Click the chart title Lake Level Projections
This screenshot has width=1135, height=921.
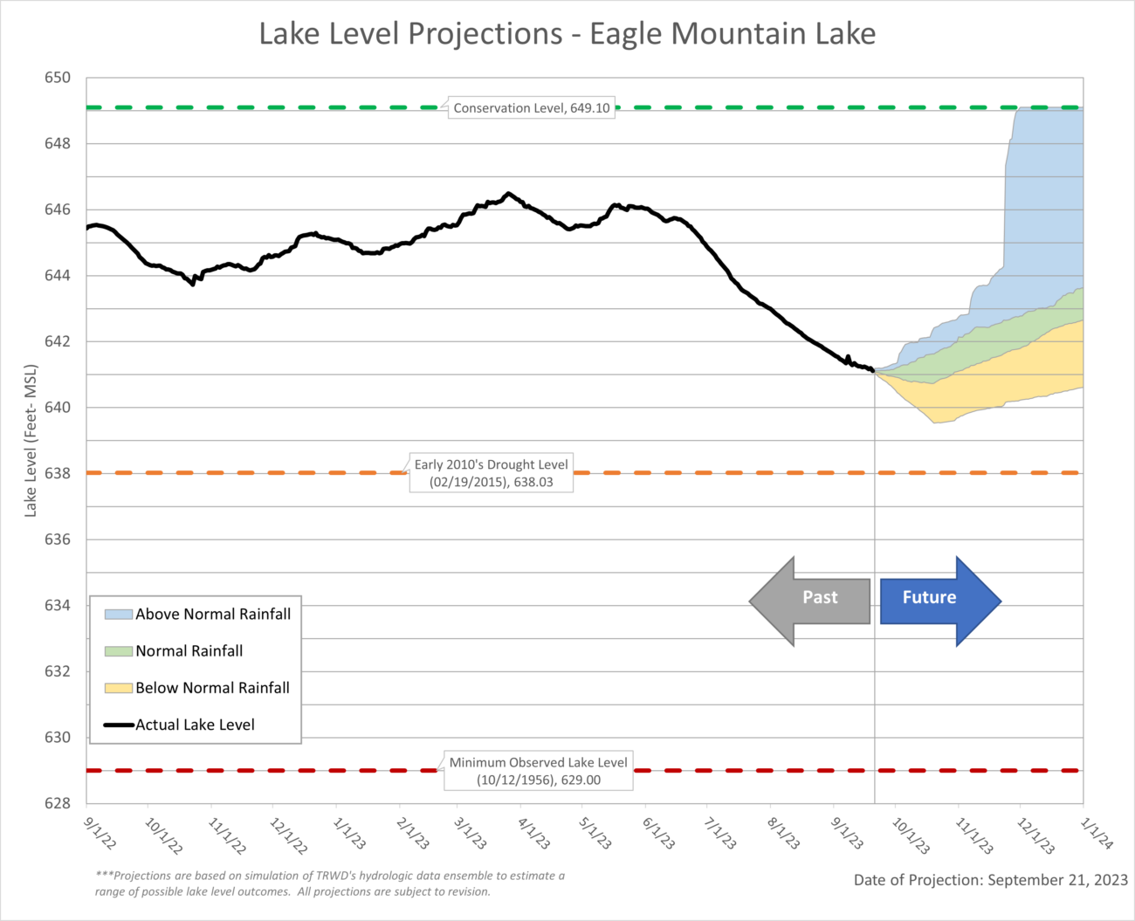pos(567,34)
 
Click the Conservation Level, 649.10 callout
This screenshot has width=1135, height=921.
pos(531,108)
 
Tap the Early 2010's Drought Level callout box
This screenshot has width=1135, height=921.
pos(491,473)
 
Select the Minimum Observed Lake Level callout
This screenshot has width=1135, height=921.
pos(538,771)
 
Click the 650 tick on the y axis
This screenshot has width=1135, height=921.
pos(58,78)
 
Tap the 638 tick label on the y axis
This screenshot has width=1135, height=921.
pos(58,473)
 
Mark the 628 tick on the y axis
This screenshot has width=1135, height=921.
pos(58,803)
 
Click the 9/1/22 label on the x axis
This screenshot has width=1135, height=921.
pos(100,833)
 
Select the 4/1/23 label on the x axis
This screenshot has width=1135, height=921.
pos(534,833)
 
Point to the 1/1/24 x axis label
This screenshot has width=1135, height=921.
pos(1097,833)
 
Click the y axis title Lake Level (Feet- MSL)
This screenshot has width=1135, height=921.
pos(31,440)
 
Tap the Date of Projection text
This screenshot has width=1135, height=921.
pos(990,880)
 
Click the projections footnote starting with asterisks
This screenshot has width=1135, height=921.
pos(330,883)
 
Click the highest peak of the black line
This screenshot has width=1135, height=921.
pos(509,194)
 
